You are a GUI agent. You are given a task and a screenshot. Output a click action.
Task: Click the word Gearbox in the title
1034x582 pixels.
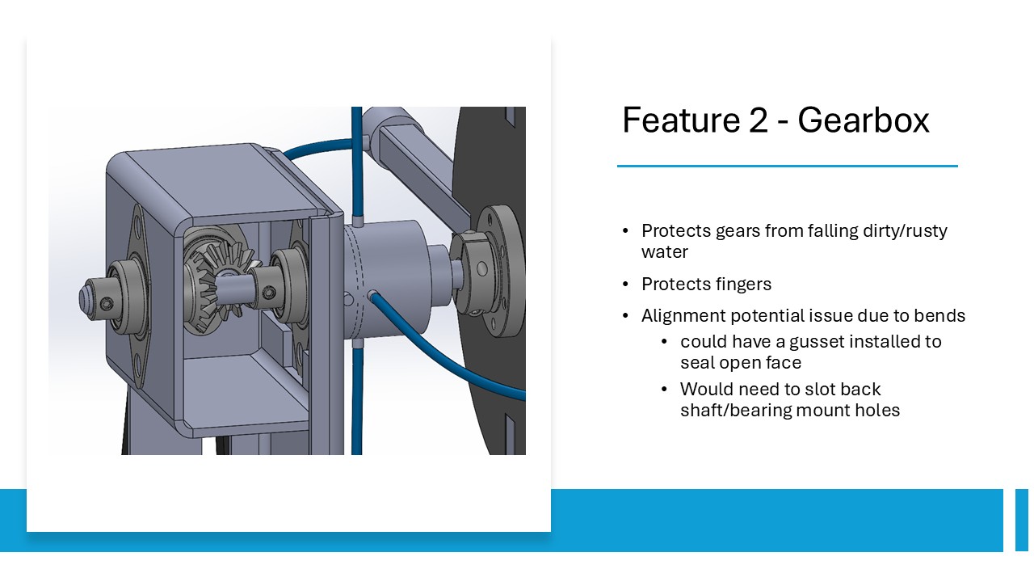[x=864, y=120]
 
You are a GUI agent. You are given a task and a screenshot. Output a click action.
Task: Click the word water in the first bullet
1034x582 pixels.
[x=665, y=252]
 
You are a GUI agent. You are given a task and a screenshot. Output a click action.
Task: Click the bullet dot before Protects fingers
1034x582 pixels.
[x=625, y=284]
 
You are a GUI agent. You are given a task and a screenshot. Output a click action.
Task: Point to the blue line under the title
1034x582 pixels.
[x=788, y=166]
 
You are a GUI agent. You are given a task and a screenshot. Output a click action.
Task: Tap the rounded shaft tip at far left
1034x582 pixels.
[x=85, y=297]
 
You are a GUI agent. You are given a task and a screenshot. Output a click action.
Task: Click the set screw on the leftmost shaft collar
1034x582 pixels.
[x=107, y=303]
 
